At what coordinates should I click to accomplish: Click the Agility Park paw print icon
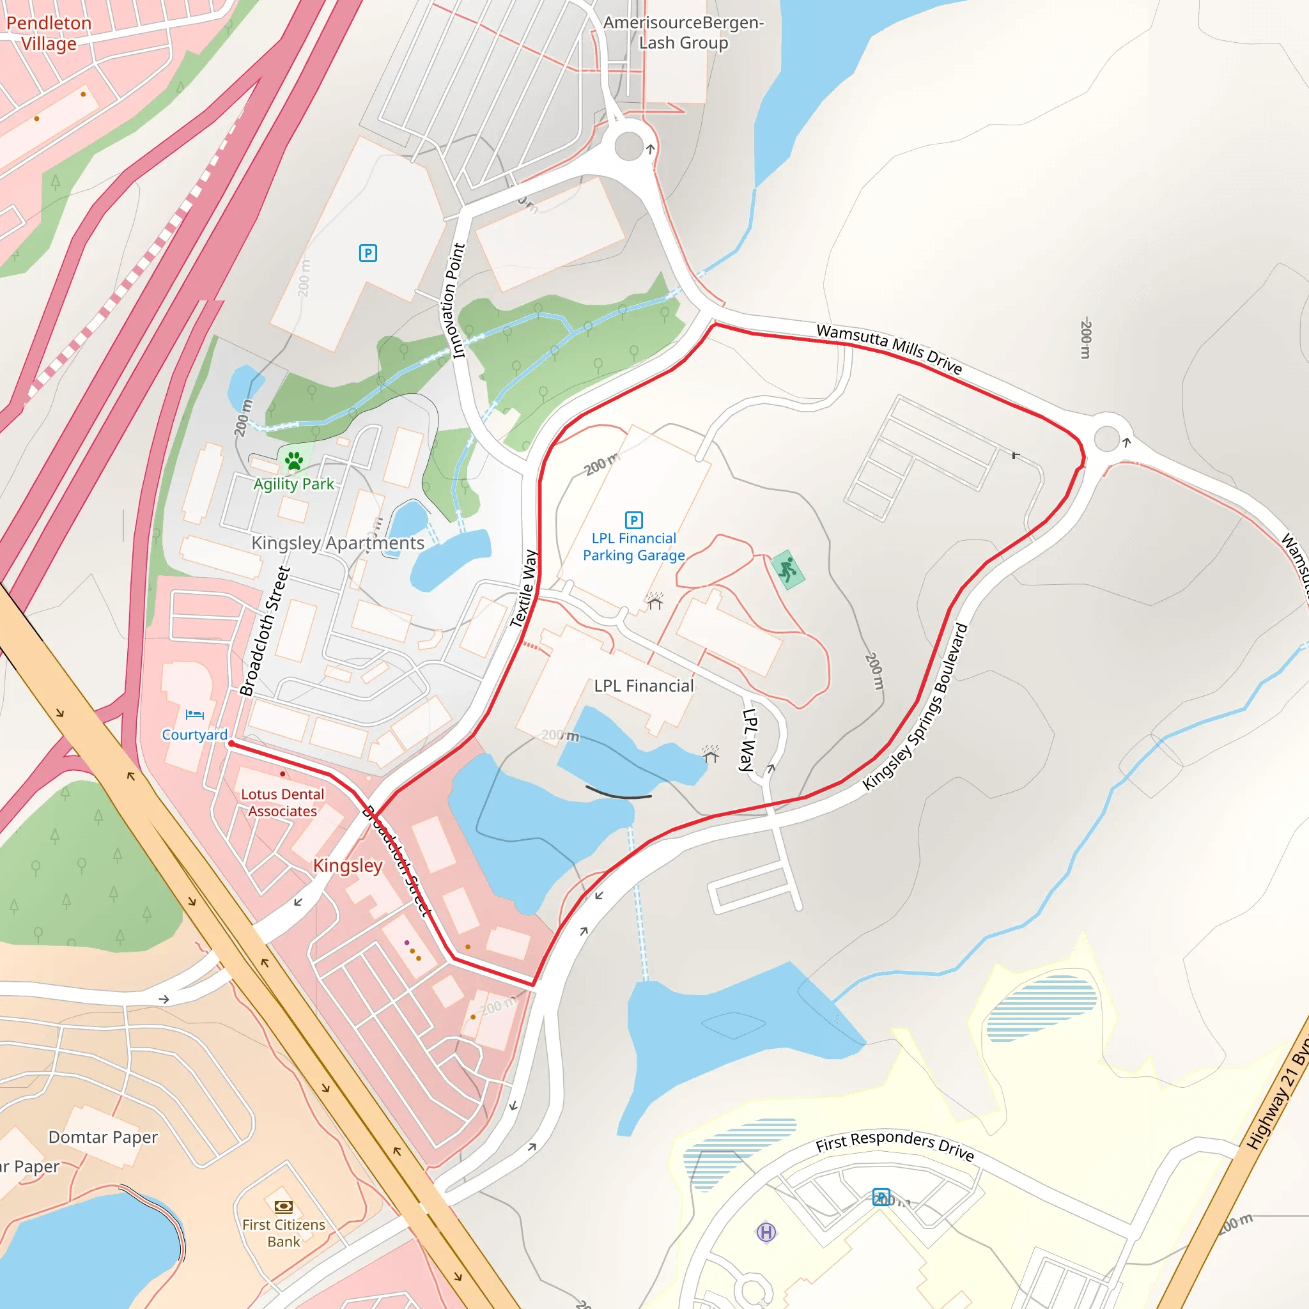coord(294,461)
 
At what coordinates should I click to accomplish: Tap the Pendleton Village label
coord(49,33)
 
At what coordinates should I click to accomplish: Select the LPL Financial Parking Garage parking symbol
coord(633,520)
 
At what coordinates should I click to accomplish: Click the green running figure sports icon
coord(787,569)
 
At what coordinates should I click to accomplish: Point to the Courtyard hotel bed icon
coord(194,714)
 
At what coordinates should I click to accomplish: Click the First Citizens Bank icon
coord(283,1206)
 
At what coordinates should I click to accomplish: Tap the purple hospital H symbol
coord(766,1232)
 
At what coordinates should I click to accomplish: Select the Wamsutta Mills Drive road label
coord(889,348)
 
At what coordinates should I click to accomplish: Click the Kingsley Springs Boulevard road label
coord(916,707)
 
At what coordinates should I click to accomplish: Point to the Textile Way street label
coord(523,588)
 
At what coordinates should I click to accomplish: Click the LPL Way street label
coord(747,740)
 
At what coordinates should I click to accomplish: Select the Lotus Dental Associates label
coord(283,802)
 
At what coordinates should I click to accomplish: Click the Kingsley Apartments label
coord(337,543)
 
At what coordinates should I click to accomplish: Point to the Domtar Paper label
coord(103,1137)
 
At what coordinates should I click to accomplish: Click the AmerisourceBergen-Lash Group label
coord(683,33)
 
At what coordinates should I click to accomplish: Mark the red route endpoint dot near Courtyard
coord(231,744)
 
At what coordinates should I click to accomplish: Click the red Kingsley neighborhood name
coord(348,865)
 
